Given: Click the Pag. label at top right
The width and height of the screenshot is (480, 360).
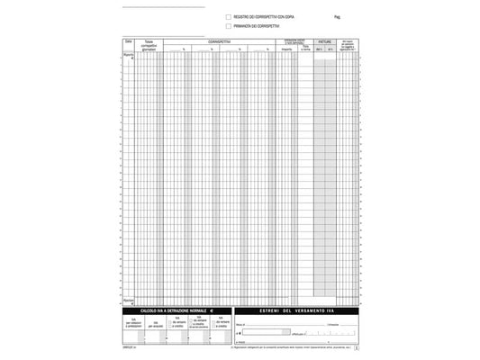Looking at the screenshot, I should coord(336,17).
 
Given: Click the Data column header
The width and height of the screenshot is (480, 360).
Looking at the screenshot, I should coord(129,41).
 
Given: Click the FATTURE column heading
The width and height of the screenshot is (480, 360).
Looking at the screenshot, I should coord(324,42).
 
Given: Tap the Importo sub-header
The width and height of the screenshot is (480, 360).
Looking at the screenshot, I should coord(285,49).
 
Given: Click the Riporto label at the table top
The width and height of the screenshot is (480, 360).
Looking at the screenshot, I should coord(128,55).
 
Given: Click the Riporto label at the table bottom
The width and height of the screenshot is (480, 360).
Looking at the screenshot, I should coord(128,301).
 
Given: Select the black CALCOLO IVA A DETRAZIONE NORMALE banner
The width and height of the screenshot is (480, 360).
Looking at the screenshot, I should coord(173,310).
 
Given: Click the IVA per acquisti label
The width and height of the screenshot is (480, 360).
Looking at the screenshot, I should coord(154,323).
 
